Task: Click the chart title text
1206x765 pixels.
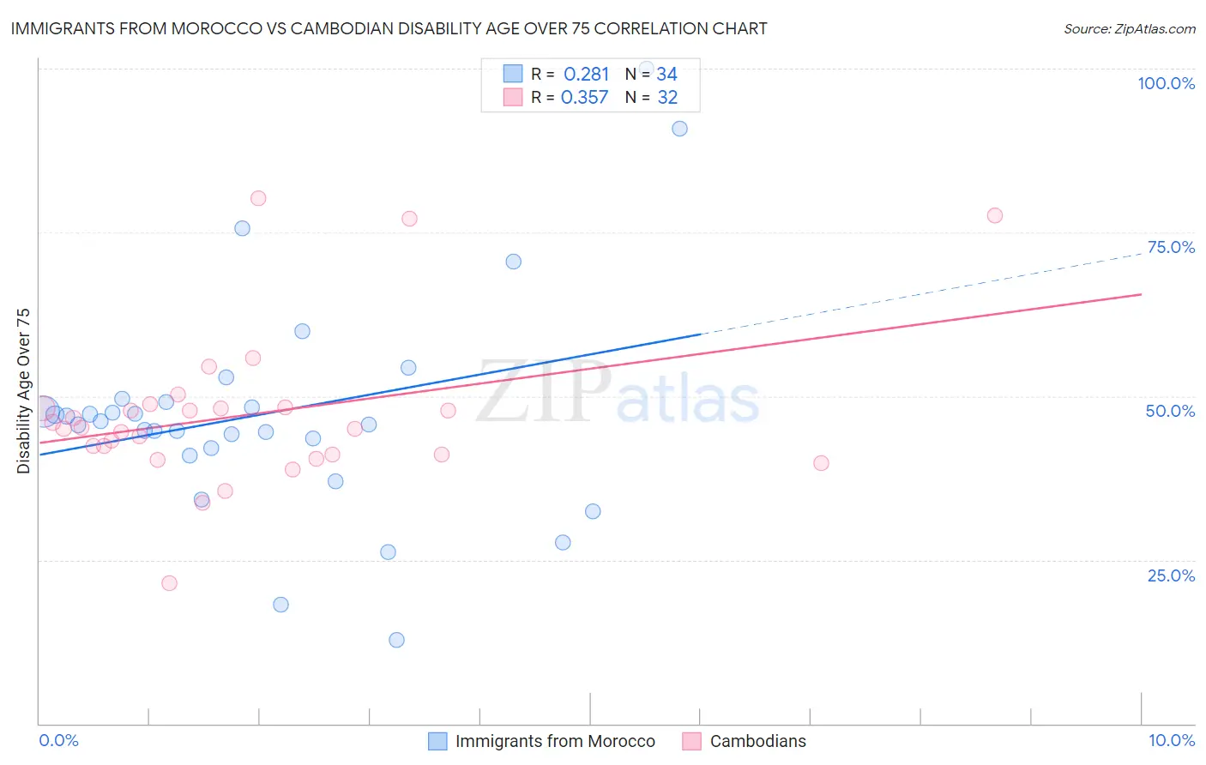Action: (389, 28)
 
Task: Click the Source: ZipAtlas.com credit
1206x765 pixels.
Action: (1129, 28)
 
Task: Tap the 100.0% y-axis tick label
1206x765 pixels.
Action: (1166, 83)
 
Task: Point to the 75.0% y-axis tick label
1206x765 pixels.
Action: (1171, 247)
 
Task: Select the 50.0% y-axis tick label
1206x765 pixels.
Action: (1170, 411)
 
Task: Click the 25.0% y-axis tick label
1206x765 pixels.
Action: (1171, 575)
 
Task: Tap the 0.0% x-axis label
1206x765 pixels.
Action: (58, 740)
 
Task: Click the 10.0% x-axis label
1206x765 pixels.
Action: (1171, 740)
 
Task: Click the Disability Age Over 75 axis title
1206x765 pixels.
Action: (23, 390)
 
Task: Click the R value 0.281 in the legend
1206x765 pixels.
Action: (586, 75)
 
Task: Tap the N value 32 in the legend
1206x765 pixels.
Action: (667, 98)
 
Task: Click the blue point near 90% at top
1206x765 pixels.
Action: (679, 129)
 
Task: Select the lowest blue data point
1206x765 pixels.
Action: (396, 640)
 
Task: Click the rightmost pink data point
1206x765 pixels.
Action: (994, 215)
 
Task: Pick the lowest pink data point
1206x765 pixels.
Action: (169, 583)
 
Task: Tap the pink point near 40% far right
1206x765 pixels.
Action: (821, 463)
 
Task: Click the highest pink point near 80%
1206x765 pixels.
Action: (258, 198)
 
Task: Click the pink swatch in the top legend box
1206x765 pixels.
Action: (513, 97)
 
